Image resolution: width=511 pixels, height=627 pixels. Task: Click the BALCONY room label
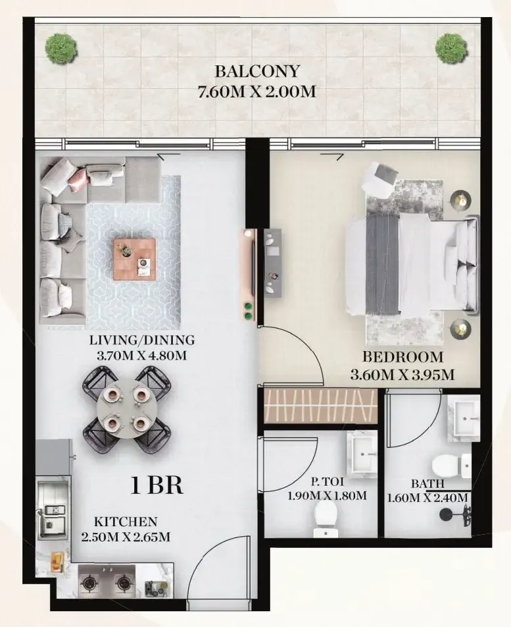[256, 71]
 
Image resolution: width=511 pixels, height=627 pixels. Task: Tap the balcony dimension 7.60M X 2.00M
[256, 91]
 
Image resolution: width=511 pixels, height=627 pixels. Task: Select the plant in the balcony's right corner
[451, 47]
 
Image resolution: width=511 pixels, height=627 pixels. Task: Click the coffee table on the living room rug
[134, 259]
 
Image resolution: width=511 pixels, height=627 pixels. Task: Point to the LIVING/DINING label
[143, 341]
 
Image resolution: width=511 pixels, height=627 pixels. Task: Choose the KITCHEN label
[125, 522]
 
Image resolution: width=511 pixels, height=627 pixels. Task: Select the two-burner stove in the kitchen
[107, 582]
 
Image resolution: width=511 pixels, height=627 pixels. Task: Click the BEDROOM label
[403, 358]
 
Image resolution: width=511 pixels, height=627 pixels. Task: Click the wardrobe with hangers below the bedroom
[319, 406]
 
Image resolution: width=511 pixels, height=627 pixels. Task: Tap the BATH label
[426, 483]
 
